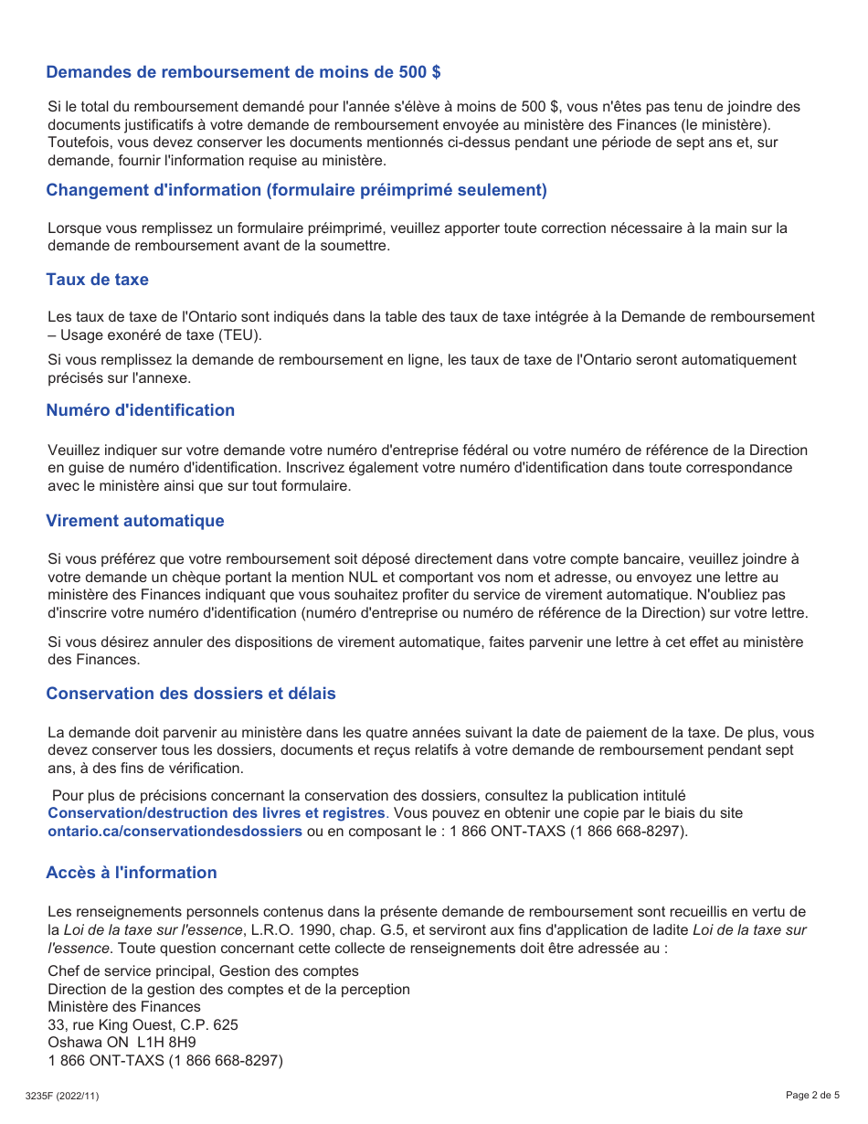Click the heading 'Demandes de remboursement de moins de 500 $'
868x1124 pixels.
[x=243, y=72]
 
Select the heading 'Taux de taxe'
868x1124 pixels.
[x=97, y=280]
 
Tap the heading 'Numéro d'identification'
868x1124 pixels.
[x=140, y=410]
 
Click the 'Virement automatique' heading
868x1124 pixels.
[x=134, y=521]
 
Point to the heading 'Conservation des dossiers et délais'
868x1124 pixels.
[x=191, y=694]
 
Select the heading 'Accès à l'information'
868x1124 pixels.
[x=132, y=873]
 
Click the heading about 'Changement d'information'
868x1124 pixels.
[x=296, y=190]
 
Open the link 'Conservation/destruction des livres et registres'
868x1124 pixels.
[x=217, y=812]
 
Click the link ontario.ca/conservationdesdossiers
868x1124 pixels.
[x=175, y=831]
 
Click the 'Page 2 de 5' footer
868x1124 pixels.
[x=812, y=1095]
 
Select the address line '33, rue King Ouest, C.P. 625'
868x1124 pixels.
[x=143, y=1024]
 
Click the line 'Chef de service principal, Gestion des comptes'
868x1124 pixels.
[x=203, y=970]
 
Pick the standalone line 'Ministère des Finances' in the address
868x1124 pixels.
[x=124, y=1006]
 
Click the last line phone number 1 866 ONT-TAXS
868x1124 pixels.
[x=165, y=1060]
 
